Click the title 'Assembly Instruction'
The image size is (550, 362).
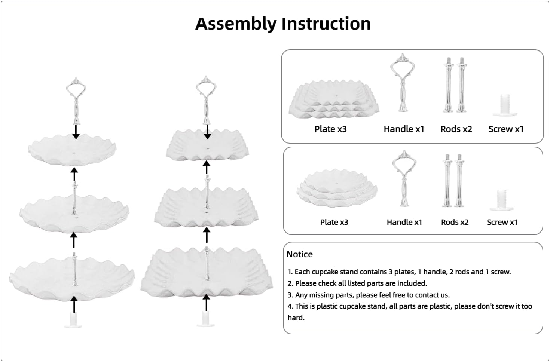click(x=283, y=24)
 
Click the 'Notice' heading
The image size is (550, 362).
click(x=299, y=254)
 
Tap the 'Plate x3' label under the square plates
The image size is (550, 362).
click(x=330, y=129)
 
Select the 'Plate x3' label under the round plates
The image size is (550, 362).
click(x=334, y=222)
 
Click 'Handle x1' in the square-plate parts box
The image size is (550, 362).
click(x=404, y=129)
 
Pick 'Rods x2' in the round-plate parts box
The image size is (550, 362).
click(x=455, y=222)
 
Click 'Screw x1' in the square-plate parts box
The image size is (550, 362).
click(x=505, y=129)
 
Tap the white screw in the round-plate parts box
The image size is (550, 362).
click(x=501, y=200)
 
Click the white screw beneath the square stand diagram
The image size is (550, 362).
click(x=205, y=319)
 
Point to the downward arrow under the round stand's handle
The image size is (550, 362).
click(x=76, y=132)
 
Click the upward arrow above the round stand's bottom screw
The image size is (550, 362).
click(x=74, y=304)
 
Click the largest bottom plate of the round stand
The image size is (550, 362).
click(x=72, y=275)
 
